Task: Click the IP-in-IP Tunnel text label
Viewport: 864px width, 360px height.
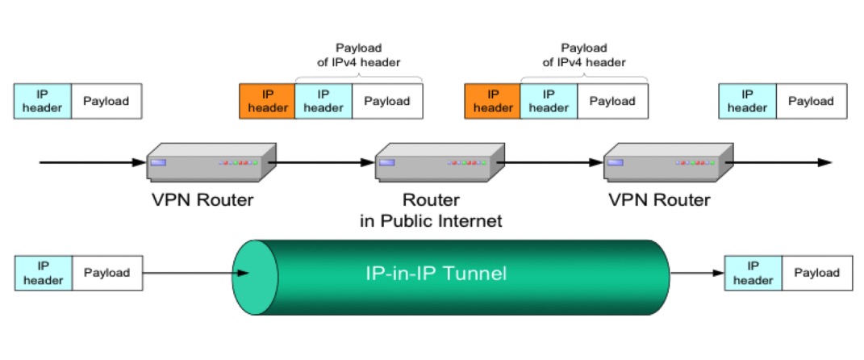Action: coord(436,274)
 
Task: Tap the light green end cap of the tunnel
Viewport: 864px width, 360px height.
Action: coord(255,278)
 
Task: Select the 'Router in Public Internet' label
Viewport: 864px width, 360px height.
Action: coord(431,210)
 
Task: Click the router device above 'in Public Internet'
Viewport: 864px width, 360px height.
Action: coord(440,161)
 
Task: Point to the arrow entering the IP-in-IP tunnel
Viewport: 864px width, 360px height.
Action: coord(196,273)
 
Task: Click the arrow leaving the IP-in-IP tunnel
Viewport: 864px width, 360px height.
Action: coord(697,273)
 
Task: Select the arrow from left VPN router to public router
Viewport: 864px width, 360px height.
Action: coord(321,162)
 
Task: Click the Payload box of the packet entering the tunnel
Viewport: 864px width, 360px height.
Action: coord(107,273)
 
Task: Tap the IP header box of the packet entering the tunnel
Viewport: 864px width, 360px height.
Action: coord(43,273)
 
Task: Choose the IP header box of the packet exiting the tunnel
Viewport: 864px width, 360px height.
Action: coord(753,273)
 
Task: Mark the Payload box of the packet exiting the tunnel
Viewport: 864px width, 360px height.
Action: coord(816,273)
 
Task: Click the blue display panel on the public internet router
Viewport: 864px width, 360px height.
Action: coord(386,162)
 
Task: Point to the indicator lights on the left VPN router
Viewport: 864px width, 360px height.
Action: coord(238,163)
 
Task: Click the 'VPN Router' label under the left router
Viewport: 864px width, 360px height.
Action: coord(202,199)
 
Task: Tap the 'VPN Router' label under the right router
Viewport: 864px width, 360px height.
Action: coord(660,199)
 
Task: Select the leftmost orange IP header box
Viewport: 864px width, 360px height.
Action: coord(267,102)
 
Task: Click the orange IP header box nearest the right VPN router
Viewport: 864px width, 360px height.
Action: coord(493,102)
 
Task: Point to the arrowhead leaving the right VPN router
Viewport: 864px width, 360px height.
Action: coord(825,162)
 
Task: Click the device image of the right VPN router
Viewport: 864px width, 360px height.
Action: coord(669,161)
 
